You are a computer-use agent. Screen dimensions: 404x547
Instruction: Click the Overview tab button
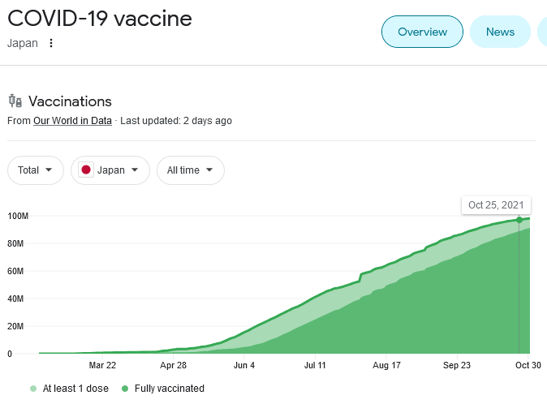pos(422,32)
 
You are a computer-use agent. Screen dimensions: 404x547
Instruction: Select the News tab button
pos(500,32)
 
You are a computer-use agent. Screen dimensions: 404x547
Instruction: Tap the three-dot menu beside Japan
pos(51,43)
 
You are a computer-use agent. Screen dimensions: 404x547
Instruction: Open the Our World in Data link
pos(72,121)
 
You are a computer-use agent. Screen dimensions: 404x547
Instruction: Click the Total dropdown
pos(36,170)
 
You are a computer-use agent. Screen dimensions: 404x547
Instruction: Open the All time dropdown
pos(190,170)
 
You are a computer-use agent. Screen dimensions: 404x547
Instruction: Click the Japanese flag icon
pos(85,170)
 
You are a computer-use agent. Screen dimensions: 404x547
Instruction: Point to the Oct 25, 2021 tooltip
pos(496,204)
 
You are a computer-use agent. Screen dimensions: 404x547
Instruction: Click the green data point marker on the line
pos(519,220)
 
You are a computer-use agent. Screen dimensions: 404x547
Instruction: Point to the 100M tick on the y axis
pos(18,216)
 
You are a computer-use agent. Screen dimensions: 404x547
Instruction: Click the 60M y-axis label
pos(18,271)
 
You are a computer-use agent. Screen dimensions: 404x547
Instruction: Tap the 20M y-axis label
pos(18,326)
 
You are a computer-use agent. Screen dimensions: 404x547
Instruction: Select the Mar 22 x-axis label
pos(102,366)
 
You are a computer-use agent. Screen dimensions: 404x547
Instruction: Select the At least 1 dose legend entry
pos(70,389)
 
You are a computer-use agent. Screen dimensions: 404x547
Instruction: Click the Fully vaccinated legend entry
pos(163,389)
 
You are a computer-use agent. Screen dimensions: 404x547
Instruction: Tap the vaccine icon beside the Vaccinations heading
pos(15,101)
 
